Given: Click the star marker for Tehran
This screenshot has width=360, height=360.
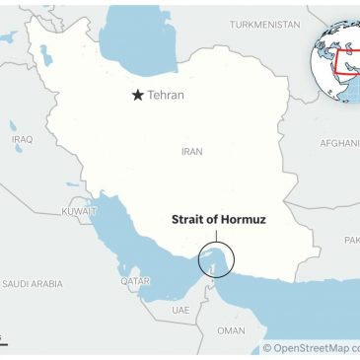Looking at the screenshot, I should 139,95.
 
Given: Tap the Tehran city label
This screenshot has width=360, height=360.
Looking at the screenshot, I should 166,96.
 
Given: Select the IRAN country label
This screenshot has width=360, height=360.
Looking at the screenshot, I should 191,152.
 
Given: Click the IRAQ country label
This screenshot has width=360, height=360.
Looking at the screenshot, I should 22,139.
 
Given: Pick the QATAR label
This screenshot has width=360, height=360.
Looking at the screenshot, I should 134,280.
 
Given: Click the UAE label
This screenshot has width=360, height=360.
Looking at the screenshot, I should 180,309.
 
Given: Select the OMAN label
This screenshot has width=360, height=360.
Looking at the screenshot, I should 231,329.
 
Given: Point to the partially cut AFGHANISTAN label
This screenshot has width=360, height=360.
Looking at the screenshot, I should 339,143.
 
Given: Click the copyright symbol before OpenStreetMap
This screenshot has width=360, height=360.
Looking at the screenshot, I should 267,348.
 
